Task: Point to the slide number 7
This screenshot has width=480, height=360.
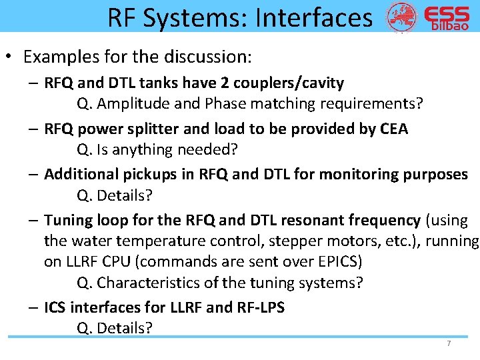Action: (x=449, y=343)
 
